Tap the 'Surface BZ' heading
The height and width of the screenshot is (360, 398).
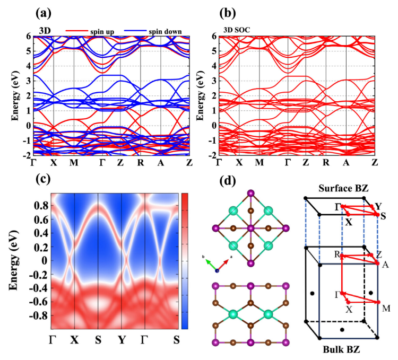(345, 189)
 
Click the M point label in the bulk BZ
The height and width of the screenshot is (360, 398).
(385, 308)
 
